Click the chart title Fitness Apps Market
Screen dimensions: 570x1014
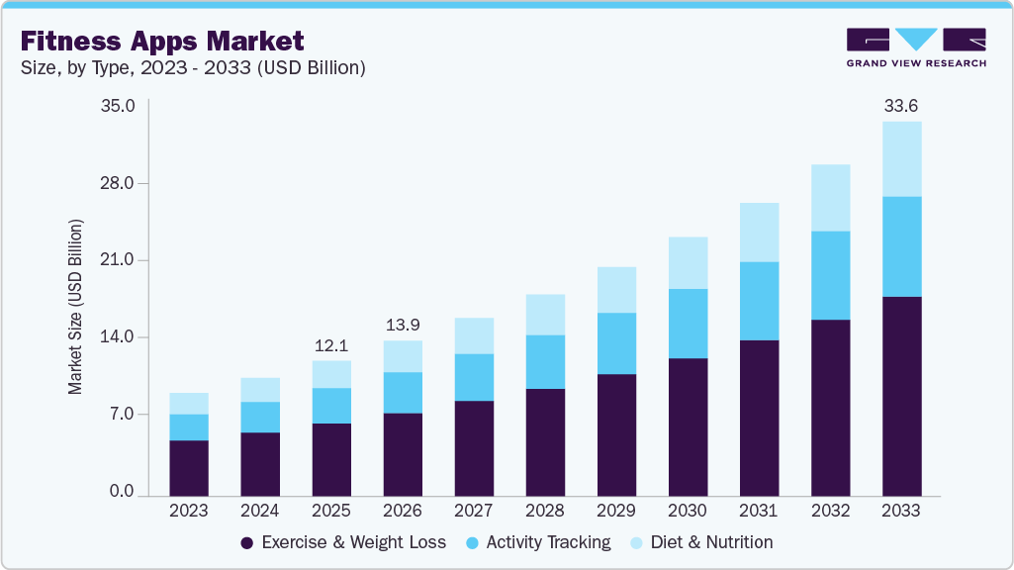(162, 42)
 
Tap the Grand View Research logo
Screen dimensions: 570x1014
(915, 47)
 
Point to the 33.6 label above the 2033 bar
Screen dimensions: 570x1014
(901, 105)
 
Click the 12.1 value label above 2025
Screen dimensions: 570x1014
(331, 345)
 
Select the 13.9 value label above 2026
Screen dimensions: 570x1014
(403, 325)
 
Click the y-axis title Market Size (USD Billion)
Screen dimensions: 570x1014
(75, 306)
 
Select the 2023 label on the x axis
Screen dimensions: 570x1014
(189, 512)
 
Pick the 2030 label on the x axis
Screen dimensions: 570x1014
(688, 512)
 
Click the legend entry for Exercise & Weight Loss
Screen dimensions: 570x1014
(343, 542)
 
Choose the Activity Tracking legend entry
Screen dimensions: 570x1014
(538, 542)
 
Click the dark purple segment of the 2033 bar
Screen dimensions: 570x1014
(901, 396)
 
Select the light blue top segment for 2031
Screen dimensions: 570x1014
(759, 233)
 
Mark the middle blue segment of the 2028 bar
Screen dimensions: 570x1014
(545, 362)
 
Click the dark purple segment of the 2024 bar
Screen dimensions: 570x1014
(260, 464)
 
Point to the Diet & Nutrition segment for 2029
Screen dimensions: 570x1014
(616, 290)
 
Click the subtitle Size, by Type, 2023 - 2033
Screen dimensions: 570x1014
(193, 68)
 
